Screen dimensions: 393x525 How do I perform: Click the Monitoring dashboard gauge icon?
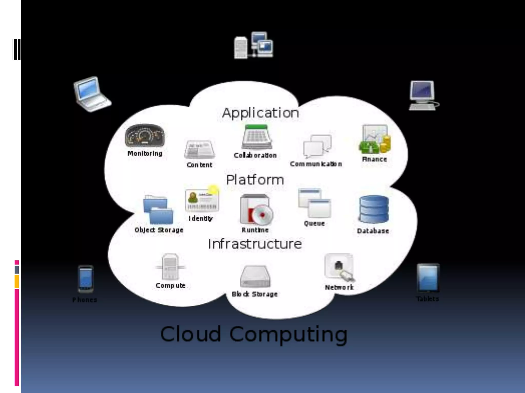[x=145, y=136]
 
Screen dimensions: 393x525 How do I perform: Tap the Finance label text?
[x=374, y=159]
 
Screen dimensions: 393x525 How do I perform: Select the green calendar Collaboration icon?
[x=257, y=137]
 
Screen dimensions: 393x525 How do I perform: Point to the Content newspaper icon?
[x=200, y=149]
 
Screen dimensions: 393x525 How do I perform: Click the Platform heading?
[x=255, y=180]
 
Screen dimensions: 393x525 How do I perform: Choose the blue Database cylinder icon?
[x=374, y=209]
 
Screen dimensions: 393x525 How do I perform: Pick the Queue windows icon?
[x=315, y=203]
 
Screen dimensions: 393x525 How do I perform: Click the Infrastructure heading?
[x=255, y=244]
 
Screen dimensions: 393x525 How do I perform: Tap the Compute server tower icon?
[x=170, y=267]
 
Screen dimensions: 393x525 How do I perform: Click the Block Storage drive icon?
[x=255, y=277]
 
